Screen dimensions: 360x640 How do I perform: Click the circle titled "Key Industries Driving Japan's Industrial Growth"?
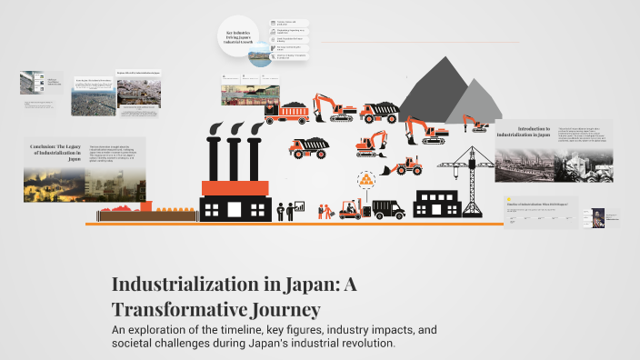click(x=244, y=39)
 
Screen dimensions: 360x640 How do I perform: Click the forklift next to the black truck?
click(x=351, y=208)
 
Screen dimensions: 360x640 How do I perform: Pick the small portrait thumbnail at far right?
click(x=598, y=217)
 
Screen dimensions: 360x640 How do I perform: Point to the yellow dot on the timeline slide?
click(x=510, y=201)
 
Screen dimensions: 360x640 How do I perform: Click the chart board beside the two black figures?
click(x=299, y=207)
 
